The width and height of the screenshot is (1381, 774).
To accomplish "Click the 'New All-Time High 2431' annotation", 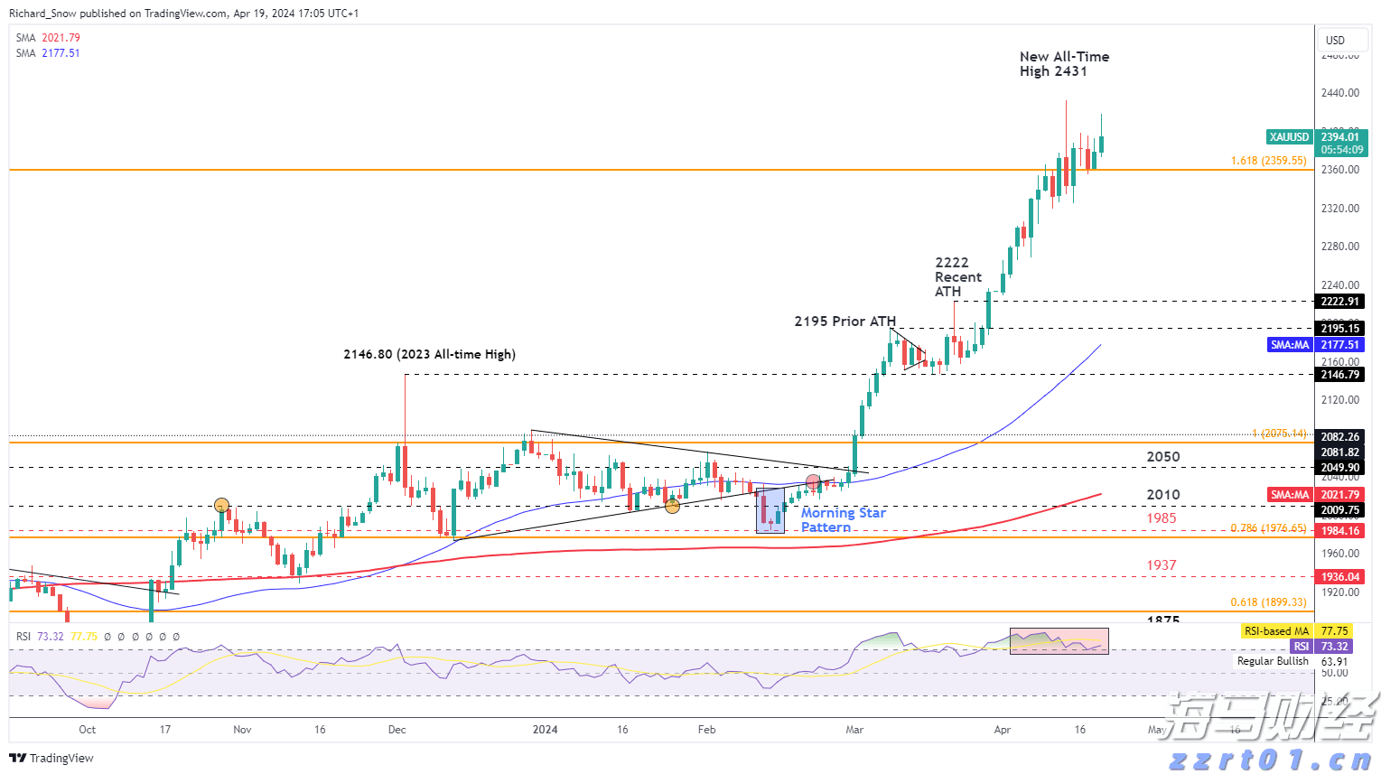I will [1063, 63].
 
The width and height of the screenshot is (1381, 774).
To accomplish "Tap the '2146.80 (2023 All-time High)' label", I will [429, 354].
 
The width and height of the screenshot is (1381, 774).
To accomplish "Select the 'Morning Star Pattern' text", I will [843, 519].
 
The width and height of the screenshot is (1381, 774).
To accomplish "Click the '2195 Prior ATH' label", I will [844, 321].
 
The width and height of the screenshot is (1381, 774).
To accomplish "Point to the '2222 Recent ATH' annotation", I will [957, 276].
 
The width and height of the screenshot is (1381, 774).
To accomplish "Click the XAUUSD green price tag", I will [1289, 137].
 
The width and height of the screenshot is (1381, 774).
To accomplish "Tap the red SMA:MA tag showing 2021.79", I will [1290, 495].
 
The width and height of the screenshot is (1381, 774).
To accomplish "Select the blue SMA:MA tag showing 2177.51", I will [1290, 345].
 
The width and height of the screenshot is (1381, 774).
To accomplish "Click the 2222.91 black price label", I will [1339, 302].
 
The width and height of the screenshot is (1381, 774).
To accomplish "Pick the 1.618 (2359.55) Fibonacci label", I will [1268, 161].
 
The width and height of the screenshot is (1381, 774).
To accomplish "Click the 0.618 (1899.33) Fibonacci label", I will [1268, 602].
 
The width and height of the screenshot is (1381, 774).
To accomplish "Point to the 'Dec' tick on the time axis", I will [397, 729].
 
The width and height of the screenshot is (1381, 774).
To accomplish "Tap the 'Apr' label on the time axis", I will [1002, 729].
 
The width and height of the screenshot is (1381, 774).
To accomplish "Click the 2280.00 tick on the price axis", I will [1339, 247].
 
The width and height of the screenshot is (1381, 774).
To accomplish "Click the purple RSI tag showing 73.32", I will [1301, 647].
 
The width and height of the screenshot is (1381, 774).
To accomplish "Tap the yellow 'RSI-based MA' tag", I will [1275, 631].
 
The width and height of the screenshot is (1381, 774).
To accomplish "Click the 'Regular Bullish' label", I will [1273, 661].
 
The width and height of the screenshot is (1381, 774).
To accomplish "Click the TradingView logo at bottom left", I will [51, 758].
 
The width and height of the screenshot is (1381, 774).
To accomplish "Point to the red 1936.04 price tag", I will [1339, 577].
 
